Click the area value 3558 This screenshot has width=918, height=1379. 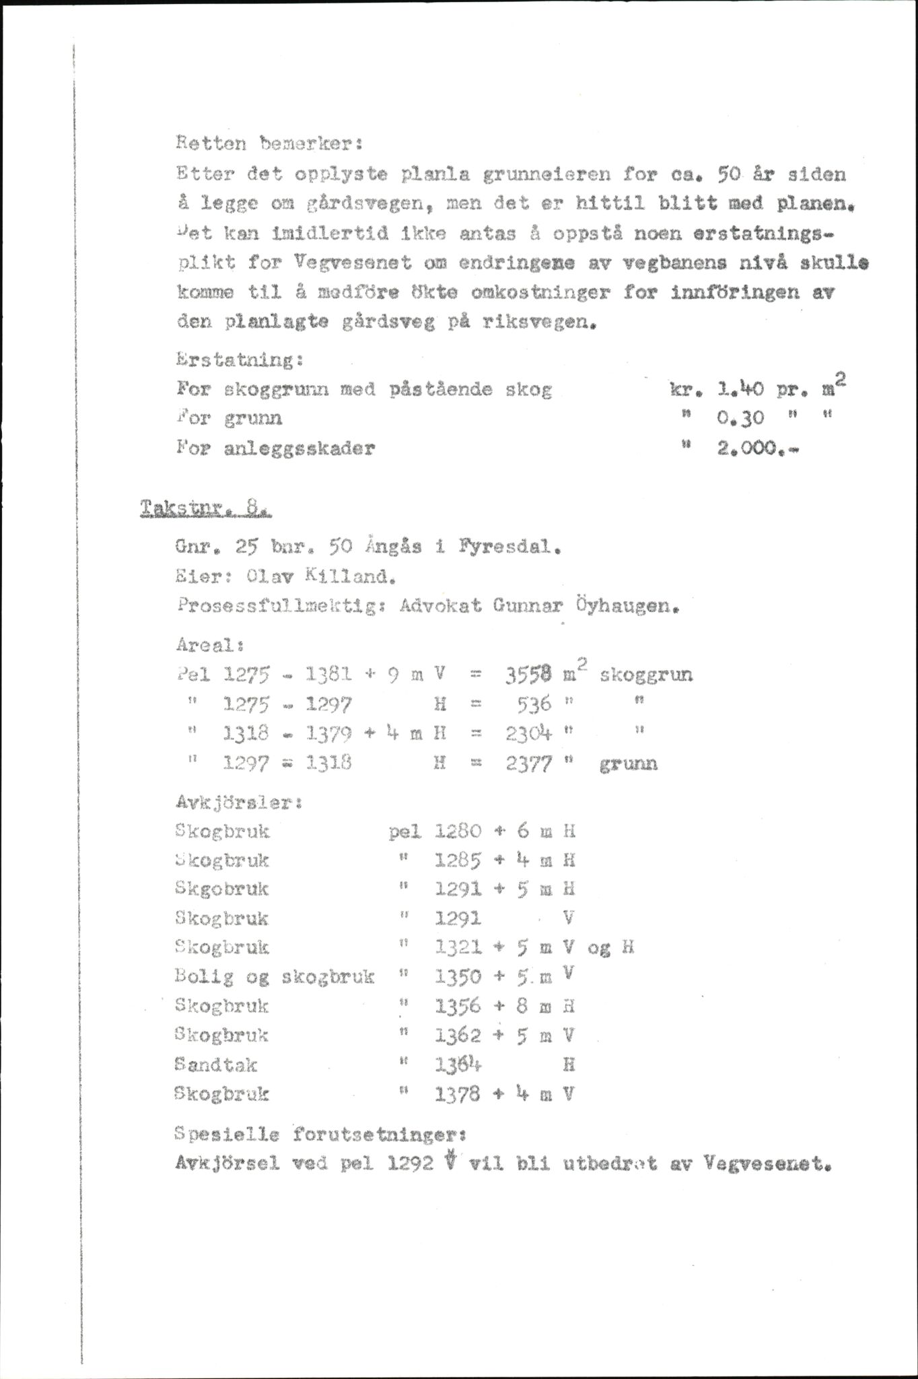pos(528,675)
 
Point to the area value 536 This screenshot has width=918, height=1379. pos(536,704)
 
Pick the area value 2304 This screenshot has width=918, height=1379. pos(528,733)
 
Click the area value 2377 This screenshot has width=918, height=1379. pos(528,764)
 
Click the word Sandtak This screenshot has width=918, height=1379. pos(215,1065)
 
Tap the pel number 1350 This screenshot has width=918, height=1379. pos(458,976)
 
